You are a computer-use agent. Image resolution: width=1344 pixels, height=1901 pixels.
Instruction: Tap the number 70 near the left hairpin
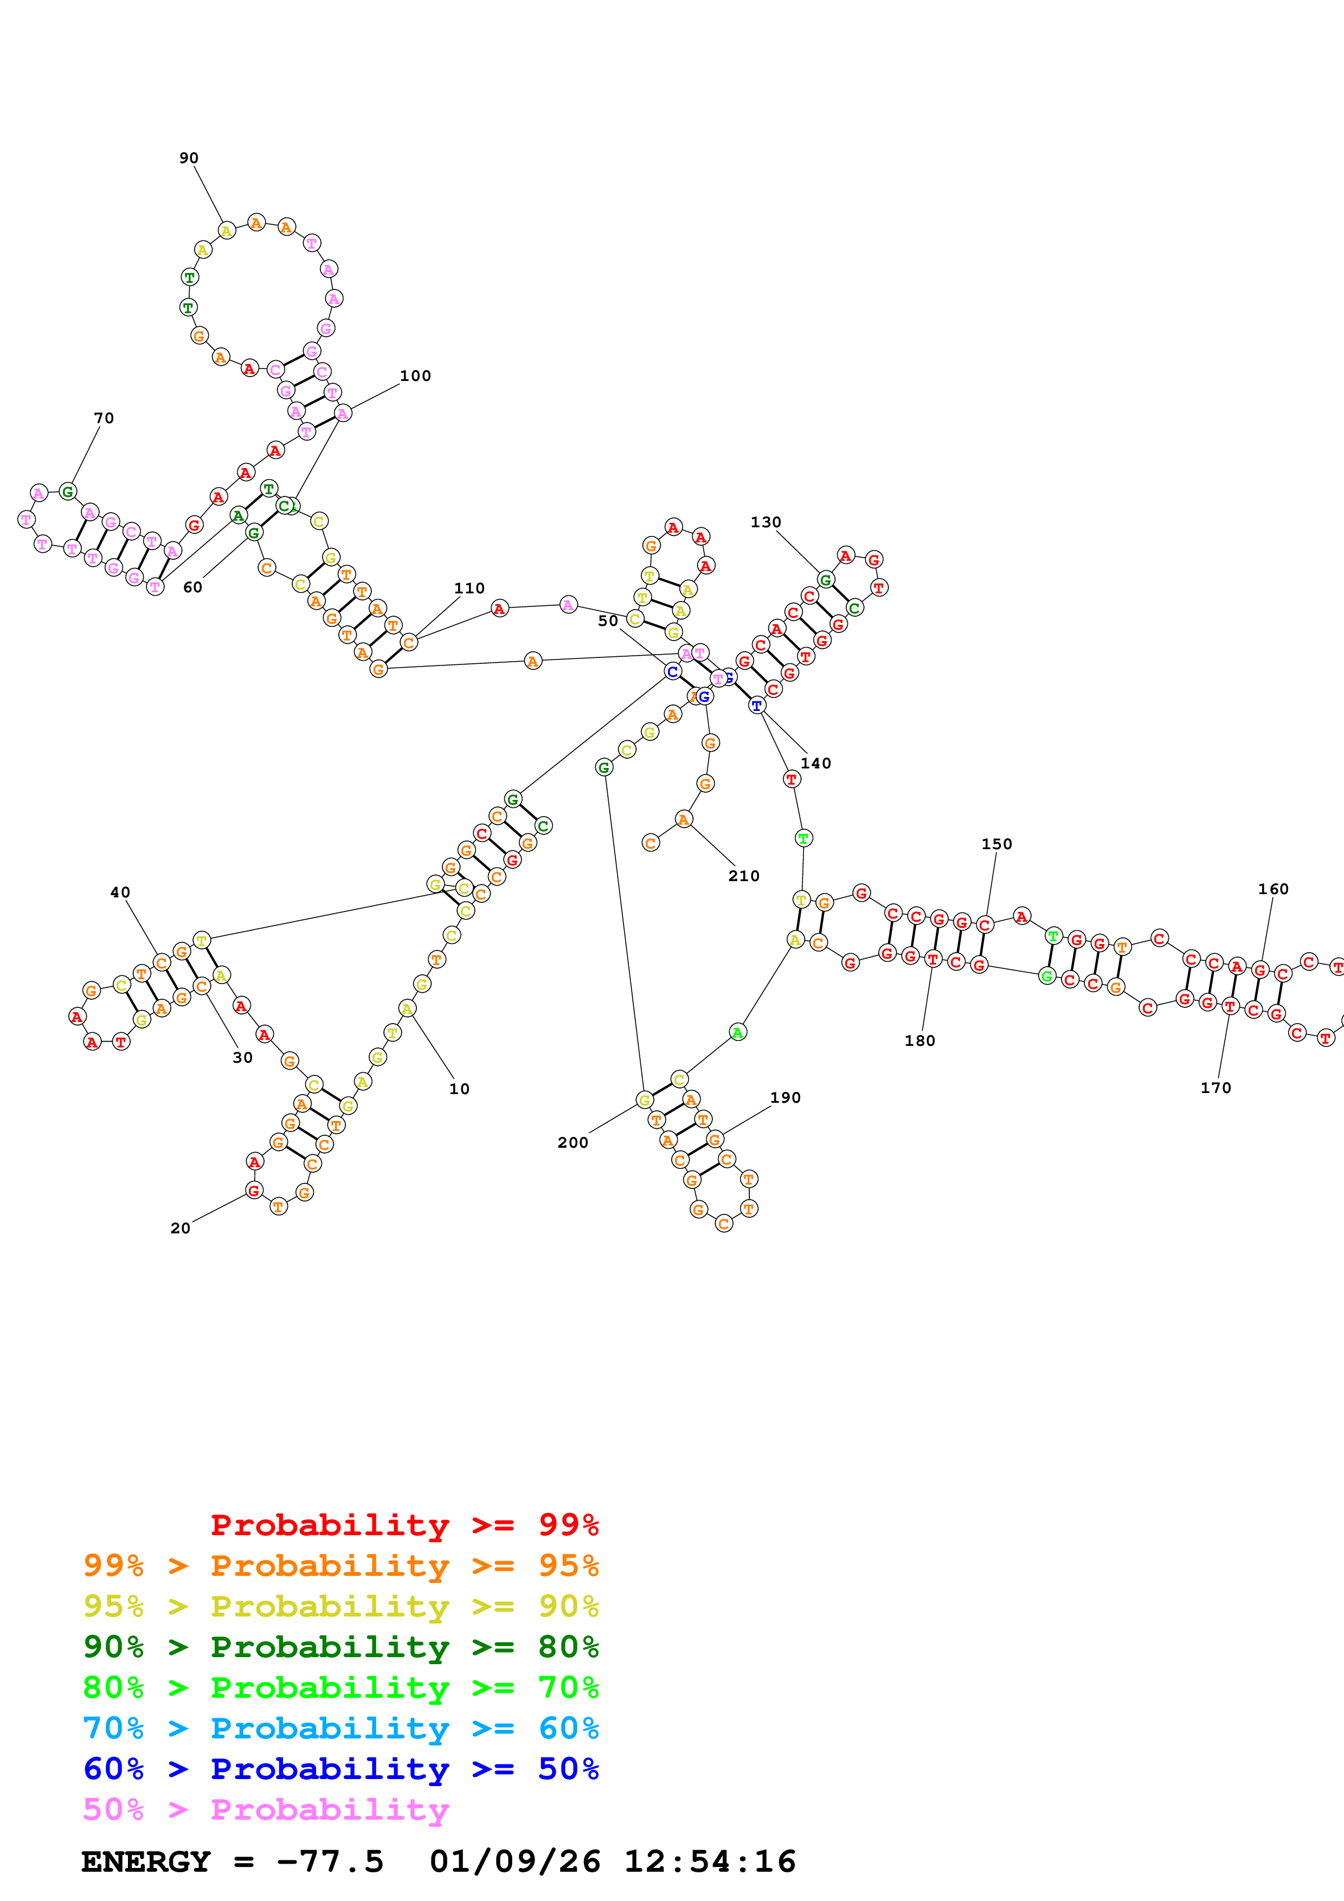(x=104, y=418)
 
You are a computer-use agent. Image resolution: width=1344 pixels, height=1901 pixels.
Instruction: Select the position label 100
(x=415, y=376)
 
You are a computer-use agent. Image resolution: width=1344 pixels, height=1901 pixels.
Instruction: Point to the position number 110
(x=469, y=589)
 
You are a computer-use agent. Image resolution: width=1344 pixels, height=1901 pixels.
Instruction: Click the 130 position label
(x=765, y=522)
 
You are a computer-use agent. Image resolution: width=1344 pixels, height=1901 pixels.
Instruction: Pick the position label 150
(x=996, y=844)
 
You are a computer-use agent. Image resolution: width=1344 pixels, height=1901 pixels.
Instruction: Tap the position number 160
(x=1273, y=889)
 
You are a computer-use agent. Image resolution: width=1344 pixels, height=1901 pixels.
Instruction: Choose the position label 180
(x=919, y=1041)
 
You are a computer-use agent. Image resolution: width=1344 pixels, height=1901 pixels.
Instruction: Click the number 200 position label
(x=572, y=1142)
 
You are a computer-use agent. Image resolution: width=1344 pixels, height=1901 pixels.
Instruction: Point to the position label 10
(x=459, y=1089)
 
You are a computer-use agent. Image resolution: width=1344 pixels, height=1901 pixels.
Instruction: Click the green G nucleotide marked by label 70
(x=68, y=492)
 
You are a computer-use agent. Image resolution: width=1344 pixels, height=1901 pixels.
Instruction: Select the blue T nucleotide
(x=756, y=706)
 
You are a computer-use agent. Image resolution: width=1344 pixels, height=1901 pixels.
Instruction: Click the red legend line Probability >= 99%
(x=404, y=1525)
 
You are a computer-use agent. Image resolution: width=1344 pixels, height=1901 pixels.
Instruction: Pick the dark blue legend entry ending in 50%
(x=341, y=1769)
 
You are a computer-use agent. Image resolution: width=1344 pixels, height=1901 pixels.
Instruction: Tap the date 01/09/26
(x=515, y=1862)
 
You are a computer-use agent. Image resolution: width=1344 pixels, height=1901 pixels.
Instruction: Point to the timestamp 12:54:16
(x=710, y=1862)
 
